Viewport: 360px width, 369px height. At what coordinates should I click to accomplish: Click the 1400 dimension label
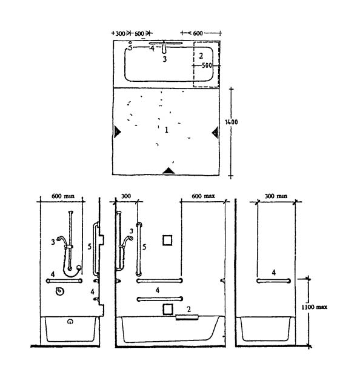(232, 122)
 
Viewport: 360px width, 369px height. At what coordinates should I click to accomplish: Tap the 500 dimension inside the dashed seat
(207, 65)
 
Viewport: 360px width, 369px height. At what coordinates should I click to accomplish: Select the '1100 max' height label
(314, 307)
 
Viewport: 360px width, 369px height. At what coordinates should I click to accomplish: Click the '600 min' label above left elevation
(63, 196)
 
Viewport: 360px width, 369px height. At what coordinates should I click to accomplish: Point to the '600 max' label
(203, 196)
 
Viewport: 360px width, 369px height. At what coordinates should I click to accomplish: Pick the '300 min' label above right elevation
(276, 196)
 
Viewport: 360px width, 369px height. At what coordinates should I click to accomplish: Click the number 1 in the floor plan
(167, 130)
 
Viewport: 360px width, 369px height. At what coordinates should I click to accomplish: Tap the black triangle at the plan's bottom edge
(168, 171)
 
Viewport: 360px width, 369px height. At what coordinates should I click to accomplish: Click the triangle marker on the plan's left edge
(117, 131)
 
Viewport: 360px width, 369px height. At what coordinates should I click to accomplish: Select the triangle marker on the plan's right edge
(215, 132)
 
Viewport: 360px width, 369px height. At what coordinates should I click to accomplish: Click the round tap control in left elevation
(60, 291)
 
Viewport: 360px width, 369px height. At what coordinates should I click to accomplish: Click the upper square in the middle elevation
(167, 241)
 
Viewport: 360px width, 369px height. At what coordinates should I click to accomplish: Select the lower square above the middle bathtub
(168, 309)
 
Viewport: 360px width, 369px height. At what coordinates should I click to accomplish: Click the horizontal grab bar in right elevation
(273, 281)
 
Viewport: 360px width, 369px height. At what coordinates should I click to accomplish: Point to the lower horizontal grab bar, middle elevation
(160, 299)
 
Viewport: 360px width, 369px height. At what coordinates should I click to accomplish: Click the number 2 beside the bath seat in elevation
(188, 309)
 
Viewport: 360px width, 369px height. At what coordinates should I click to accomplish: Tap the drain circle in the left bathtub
(70, 321)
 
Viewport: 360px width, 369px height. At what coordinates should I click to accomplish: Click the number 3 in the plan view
(165, 59)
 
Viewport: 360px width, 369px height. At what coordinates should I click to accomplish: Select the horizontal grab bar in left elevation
(64, 281)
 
